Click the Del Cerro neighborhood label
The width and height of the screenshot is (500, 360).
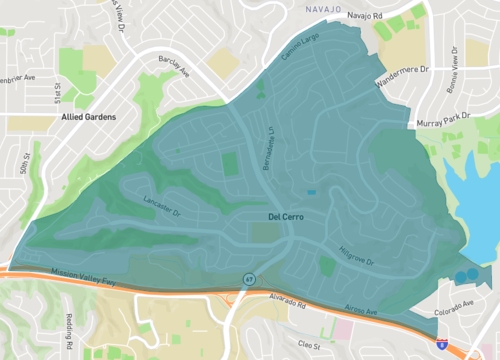pyautogui.click(x=285, y=216)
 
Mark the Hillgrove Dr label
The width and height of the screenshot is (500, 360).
pyautogui.click(x=355, y=256)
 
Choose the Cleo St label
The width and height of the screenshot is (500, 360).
pyautogui.click(x=301, y=343)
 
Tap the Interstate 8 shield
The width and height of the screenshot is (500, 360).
pyautogui.click(x=442, y=343)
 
